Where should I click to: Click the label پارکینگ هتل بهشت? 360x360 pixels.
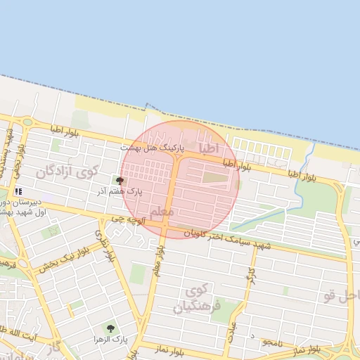(x=152, y=149)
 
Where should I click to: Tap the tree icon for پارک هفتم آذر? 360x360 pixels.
(x=119, y=181)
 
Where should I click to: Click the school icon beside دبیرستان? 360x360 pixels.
(x=18, y=191)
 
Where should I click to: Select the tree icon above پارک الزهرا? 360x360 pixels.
(x=110, y=328)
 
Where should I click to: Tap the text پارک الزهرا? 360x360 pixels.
(x=110, y=340)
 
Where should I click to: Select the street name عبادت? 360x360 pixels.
(x=231, y=331)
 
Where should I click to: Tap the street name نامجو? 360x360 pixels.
(x=272, y=342)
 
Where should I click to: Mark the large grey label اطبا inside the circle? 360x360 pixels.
(x=209, y=148)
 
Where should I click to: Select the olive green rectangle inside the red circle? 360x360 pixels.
(x=216, y=177)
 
